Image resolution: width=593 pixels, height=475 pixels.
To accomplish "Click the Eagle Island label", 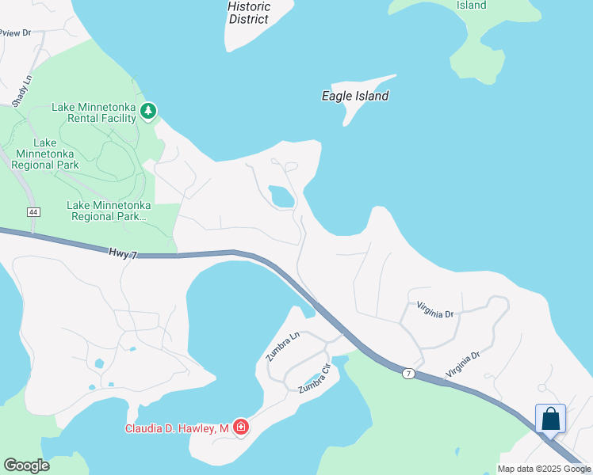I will point(355,96).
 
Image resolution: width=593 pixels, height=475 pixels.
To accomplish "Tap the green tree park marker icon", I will point(148,112).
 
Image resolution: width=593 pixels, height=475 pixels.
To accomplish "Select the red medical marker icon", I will point(241,427).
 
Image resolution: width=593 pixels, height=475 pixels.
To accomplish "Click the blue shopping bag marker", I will point(551,419).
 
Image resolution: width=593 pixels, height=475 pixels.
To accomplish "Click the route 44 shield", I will point(33,212).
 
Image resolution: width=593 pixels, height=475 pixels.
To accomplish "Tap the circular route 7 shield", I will point(407,374).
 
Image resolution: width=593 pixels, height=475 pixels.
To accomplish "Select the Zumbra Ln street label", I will point(283,346).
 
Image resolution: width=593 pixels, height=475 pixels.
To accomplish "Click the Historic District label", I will point(249,13).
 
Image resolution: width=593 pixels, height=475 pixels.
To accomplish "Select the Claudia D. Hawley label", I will point(178,428).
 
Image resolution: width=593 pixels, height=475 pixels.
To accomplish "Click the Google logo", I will point(26,465).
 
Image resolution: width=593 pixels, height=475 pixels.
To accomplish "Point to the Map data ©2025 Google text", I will point(544,469).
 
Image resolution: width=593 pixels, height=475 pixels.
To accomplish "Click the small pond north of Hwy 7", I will point(281,196).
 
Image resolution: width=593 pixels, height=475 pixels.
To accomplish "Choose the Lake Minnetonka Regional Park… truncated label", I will point(109,210).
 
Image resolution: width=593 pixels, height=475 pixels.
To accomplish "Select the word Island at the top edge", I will point(472,5).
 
